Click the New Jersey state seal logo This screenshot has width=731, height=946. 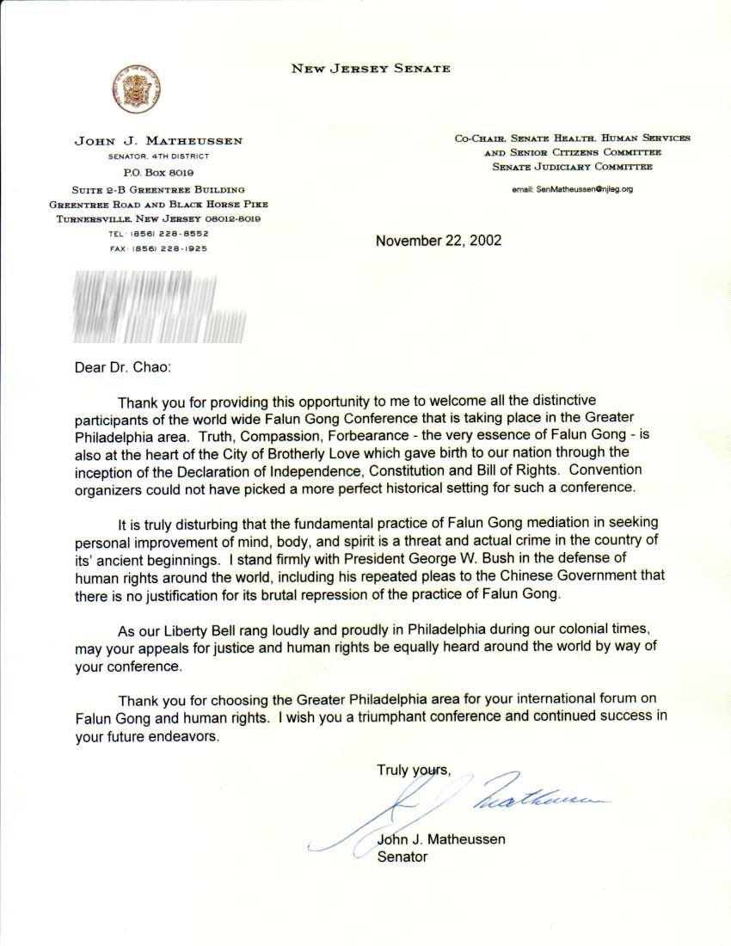point(137,89)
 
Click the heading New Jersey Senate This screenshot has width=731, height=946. point(371,69)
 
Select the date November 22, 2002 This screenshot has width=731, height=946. point(439,241)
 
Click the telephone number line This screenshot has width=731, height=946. point(158,234)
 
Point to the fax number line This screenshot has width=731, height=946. point(158,249)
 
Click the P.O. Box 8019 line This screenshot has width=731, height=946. point(158,173)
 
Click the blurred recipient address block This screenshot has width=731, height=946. point(160,307)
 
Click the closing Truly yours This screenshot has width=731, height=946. point(414,770)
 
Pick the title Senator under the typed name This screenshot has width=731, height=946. point(402,857)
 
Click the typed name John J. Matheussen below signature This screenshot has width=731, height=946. point(441,839)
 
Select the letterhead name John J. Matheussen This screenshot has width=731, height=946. point(158,141)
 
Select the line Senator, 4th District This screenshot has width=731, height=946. point(158,157)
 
